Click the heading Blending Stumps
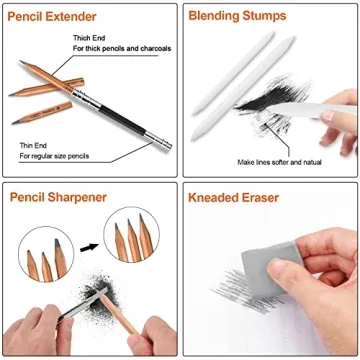237,17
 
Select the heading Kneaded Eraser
233,197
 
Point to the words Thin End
32,145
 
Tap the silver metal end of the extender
160,143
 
